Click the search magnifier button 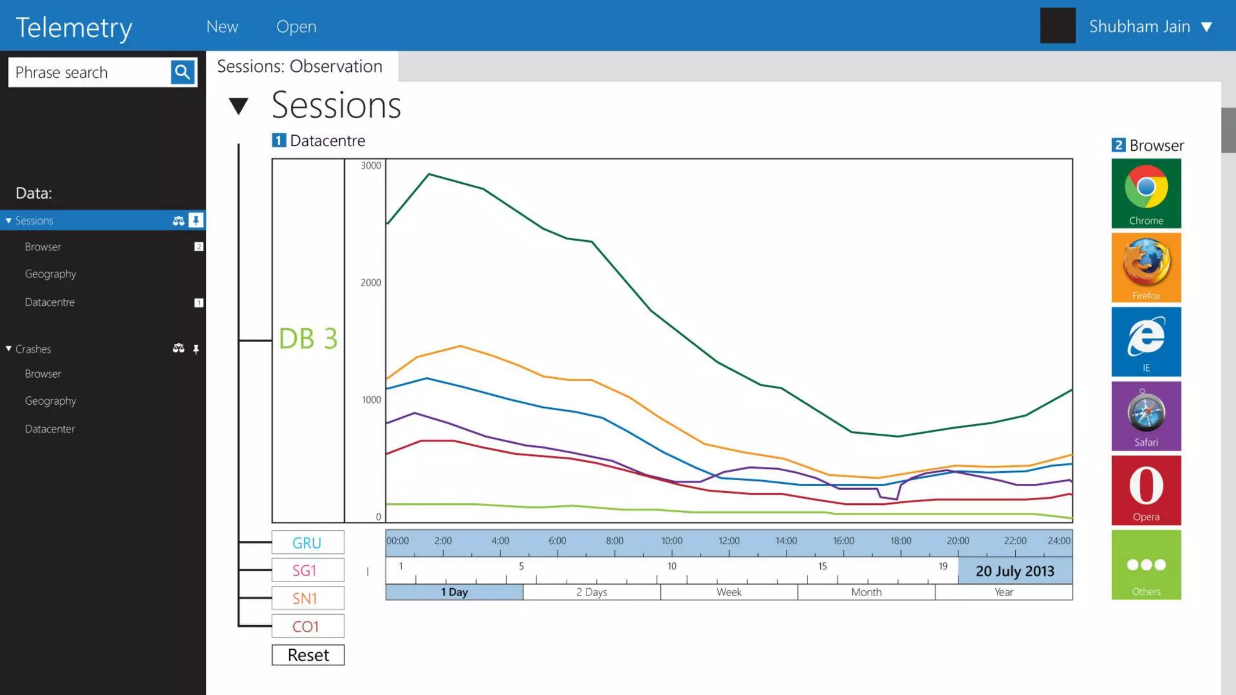point(182,72)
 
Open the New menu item point(222,27)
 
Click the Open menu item point(296,27)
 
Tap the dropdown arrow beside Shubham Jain point(1206,27)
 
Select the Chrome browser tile point(1145,193)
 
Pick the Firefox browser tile point(1145,267)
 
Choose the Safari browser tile point(1145,416)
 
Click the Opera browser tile point(1145,490)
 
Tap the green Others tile point(1145,565)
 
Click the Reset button point(308,655)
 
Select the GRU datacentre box point(308,542)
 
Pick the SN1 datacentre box point(308,598)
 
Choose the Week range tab point(728,592)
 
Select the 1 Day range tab point(454,592)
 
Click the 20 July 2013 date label point(1015,571)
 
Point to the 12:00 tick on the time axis point(728,541)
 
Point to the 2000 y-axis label point(371,282)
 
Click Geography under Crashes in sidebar point(51,401)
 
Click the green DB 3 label point(308,339)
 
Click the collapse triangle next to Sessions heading point(238,106)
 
